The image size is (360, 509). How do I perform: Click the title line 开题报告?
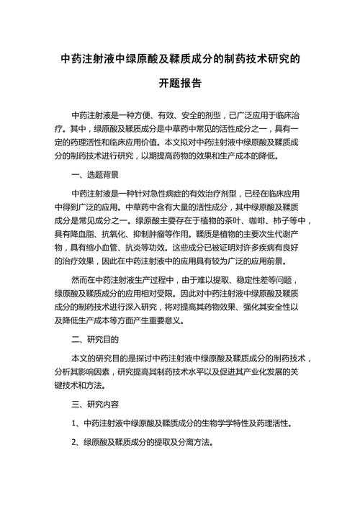[180, 84]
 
